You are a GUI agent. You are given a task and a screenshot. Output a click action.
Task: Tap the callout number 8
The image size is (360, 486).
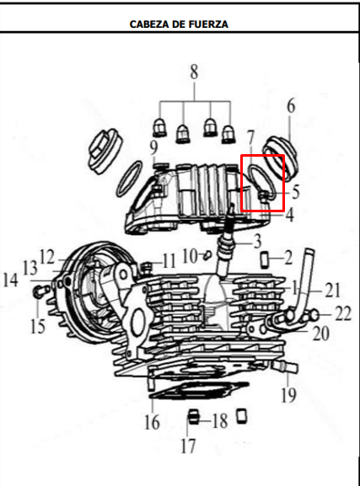194,72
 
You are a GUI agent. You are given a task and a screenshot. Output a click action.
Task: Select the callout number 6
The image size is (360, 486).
291,105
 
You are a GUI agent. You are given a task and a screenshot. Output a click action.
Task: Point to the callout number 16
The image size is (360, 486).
152,422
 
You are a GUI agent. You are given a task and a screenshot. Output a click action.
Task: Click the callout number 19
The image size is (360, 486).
288,394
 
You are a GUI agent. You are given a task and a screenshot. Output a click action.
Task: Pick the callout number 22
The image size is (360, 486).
343,313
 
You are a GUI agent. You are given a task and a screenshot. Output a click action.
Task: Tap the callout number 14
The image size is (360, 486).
11,280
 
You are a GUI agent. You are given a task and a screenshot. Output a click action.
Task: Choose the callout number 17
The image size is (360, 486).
188,446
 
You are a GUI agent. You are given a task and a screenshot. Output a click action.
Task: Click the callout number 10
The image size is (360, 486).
190,256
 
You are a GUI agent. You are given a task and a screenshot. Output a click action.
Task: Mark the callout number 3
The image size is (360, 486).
257,242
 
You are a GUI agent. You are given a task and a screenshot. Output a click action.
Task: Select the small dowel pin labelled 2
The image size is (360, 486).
265,260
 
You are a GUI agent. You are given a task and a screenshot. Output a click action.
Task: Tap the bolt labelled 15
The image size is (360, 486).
40,291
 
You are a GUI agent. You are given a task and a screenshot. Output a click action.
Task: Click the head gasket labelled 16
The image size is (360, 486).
199,392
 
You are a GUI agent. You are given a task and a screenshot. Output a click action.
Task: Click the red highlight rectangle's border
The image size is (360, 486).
242,183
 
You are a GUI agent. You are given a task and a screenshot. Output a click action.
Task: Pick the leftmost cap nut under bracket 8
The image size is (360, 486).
159,128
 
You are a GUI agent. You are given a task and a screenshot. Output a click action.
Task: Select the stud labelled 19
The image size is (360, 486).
286,366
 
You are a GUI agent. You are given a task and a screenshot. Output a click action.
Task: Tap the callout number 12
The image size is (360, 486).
47,257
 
